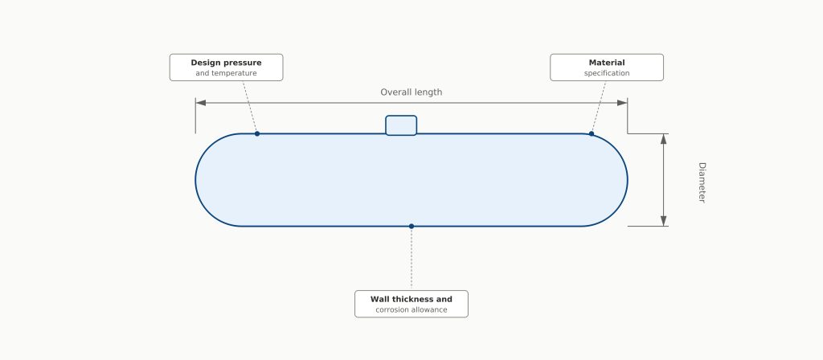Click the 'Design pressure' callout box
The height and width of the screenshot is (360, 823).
226,67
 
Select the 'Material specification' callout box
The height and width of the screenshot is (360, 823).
607,67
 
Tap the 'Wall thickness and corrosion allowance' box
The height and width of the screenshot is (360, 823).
411,304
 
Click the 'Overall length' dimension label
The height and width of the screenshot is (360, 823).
411,92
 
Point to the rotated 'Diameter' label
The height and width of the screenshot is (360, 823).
702,182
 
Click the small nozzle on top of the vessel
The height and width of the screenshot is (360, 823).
401,125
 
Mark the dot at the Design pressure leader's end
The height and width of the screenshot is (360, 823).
257,134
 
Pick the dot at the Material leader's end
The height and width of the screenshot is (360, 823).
592,134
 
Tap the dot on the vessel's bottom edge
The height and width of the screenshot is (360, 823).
411,226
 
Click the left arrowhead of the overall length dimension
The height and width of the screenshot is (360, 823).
200,103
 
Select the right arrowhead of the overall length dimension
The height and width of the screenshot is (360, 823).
623,103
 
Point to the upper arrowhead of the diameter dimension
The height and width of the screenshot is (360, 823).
663,139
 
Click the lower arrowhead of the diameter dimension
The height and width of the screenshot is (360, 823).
663,221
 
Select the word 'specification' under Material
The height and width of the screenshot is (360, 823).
607,73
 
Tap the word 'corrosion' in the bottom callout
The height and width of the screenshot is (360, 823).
391,310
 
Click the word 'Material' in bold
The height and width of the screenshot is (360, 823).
607,63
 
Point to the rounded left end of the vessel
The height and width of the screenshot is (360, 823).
196,180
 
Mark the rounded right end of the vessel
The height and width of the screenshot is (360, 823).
627,180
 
